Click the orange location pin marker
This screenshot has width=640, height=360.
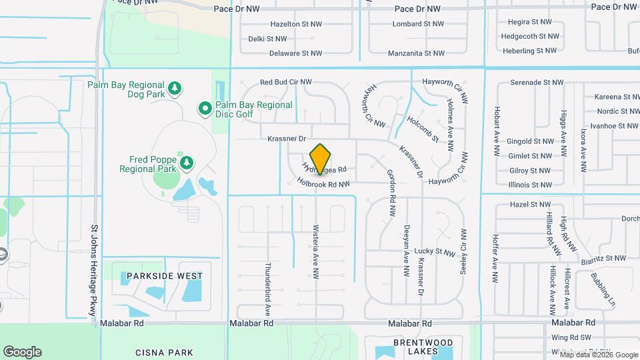tap(321, 158)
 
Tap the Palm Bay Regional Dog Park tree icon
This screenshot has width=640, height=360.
tap(175, 88)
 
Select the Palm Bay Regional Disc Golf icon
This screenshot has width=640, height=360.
tap(205, 107)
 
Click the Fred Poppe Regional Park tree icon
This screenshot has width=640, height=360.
tap(187, 162)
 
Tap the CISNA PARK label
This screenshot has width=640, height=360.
tap(164, 353)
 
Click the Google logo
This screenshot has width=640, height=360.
tap(22, 352)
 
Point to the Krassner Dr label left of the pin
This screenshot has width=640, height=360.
tap(286, 139)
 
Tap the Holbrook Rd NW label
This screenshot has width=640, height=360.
tap(323, 183)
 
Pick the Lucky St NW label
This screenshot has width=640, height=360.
tap(434, 251)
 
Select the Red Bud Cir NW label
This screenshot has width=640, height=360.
tap(286, 82)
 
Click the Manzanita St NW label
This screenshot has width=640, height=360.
tap(415, 53)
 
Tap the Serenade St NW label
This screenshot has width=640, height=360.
tap(537, 83)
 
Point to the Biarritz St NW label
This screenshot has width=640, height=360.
tap(603, 258)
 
